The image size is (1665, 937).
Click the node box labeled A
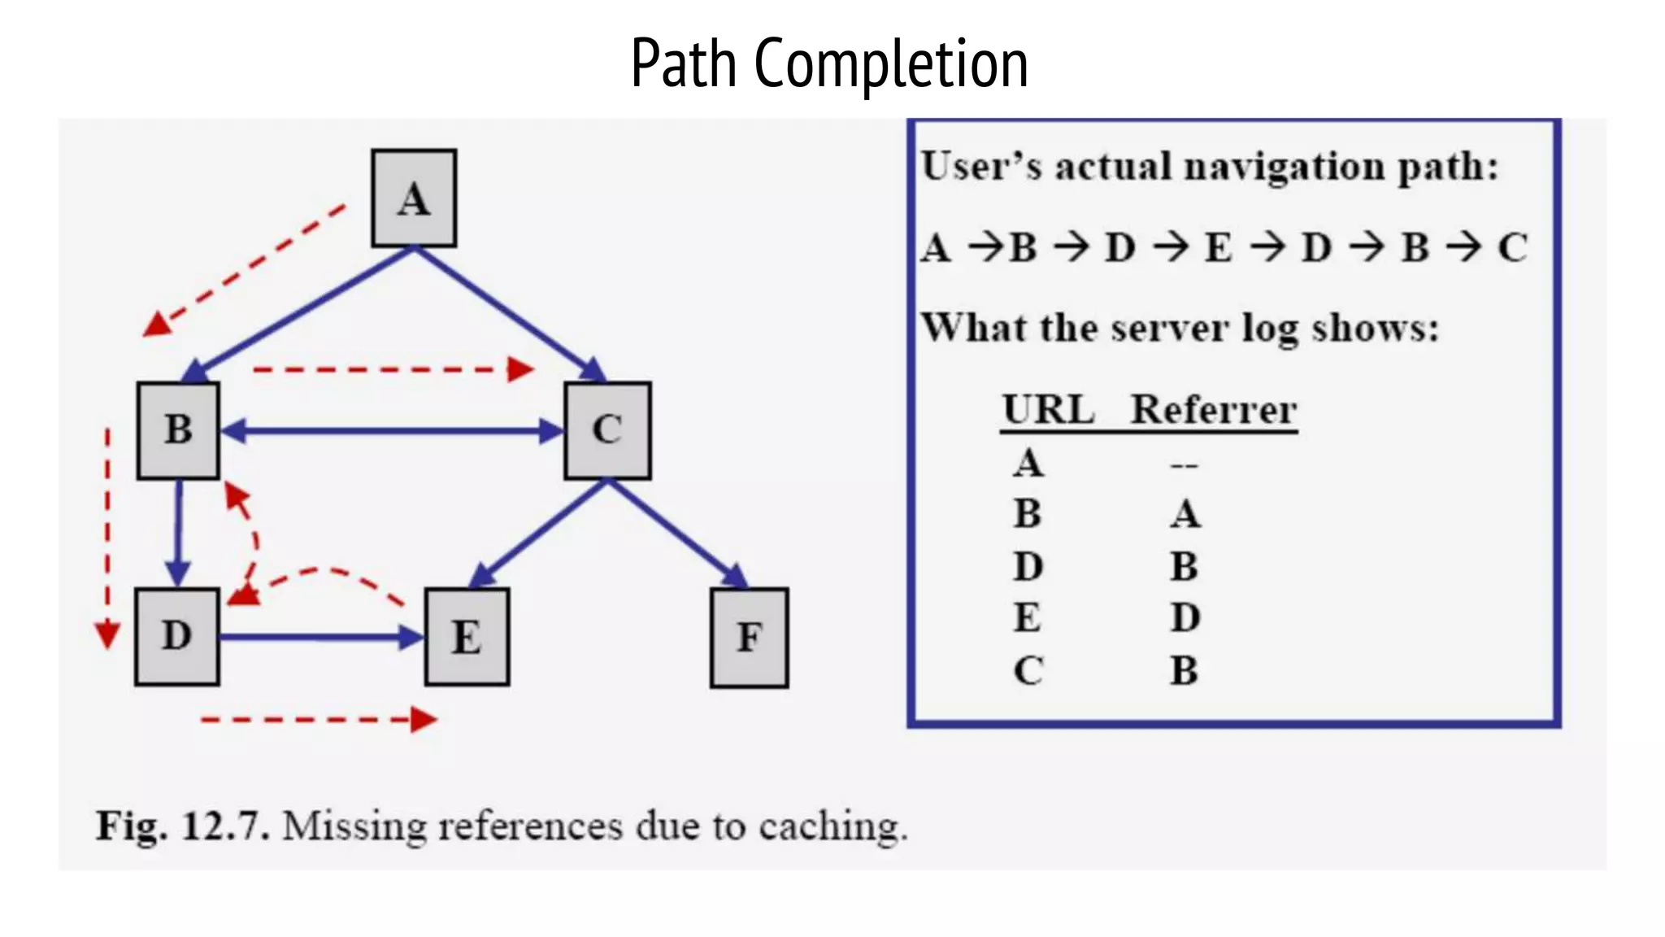coord(414,198)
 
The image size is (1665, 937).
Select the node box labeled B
coord(178,429)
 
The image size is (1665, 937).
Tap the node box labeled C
coord(607,429)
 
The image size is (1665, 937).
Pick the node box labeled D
coord(177,636)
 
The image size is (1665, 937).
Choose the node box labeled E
coord(467,637)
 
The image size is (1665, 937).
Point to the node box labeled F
coord(749,637)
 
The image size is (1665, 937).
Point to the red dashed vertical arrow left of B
coord(107,537)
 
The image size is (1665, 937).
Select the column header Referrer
coord(1213,409)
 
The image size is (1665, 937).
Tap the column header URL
coord(1049,409)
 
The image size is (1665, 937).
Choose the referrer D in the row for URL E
coord(1185,618)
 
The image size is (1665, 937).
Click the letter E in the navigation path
coord(1218,247)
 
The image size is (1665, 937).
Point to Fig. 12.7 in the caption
coord(182,826)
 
